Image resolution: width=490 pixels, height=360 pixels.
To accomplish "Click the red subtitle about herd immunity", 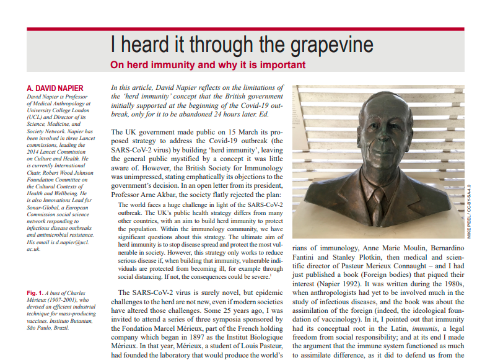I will pyautogui.click(x=208, y=64).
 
